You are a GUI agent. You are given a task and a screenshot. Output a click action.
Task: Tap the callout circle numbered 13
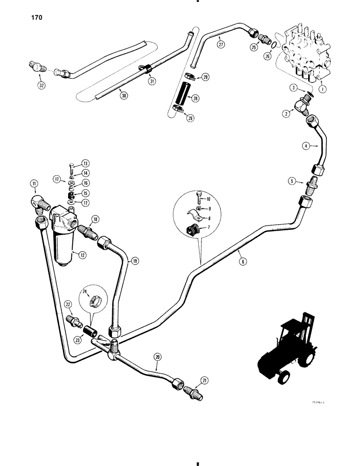(86, 163)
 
